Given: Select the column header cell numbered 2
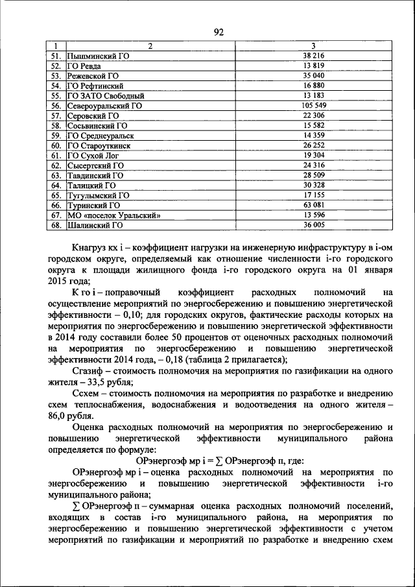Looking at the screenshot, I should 150,46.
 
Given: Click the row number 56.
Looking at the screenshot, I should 56,104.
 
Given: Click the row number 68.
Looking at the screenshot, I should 56,225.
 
